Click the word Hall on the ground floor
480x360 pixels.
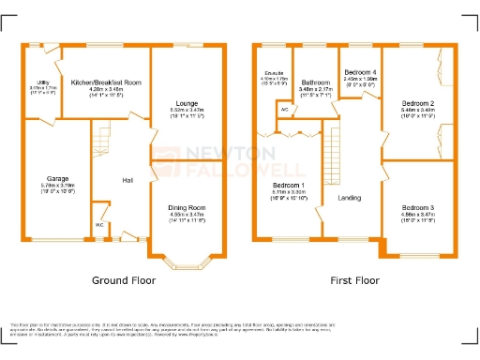pos(124,180)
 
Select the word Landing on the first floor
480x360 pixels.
pos(350,198)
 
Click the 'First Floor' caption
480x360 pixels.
pos(355,280)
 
